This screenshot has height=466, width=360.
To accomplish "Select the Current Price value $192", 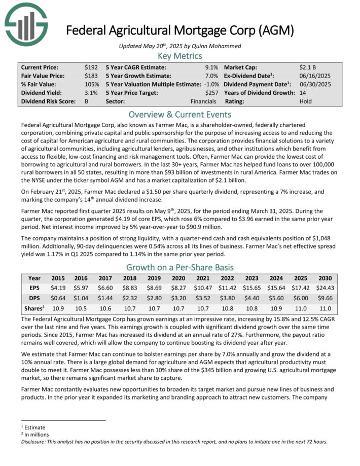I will tap(92, 67).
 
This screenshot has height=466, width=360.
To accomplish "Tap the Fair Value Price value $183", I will tap(92, 76).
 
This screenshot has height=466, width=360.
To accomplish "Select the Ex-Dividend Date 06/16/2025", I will tap(314, 76).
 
